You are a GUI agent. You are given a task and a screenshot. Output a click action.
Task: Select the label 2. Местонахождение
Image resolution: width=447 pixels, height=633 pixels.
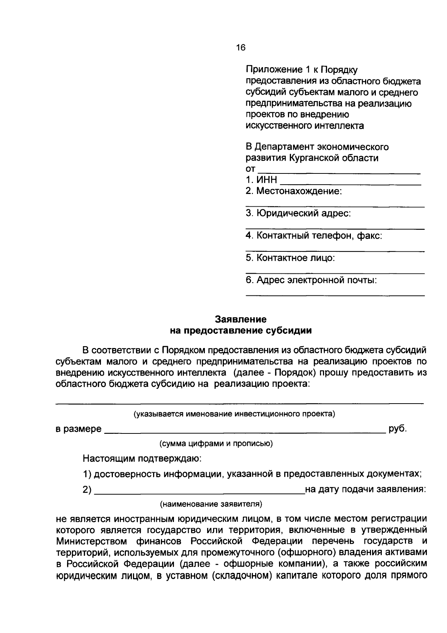point(294,191)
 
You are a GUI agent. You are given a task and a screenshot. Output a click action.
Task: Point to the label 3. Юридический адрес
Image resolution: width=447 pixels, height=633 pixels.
point(298,213)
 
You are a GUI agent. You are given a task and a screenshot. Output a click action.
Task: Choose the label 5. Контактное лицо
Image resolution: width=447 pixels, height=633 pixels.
point(290,258)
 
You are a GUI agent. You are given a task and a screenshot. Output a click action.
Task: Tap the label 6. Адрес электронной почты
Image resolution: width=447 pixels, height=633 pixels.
point(311,280)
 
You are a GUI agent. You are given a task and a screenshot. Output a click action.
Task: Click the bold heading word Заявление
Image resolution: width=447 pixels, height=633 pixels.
point(241,319)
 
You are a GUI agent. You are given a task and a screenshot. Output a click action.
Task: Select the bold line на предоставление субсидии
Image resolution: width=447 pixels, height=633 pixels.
point(241,330)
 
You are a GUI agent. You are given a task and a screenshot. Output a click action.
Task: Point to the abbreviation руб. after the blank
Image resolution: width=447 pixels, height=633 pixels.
point(397,429)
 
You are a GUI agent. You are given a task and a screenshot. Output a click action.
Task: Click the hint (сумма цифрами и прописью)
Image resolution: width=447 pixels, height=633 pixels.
point(216,444)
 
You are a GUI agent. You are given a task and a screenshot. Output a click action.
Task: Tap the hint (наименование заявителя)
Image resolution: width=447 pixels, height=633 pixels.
point(211,504)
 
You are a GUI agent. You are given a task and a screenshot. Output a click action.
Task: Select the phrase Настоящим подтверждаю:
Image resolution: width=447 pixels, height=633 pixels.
point(142,458)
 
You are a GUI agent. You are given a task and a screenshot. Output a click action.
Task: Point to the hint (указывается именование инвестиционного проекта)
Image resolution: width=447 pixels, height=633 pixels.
point(234,414)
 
